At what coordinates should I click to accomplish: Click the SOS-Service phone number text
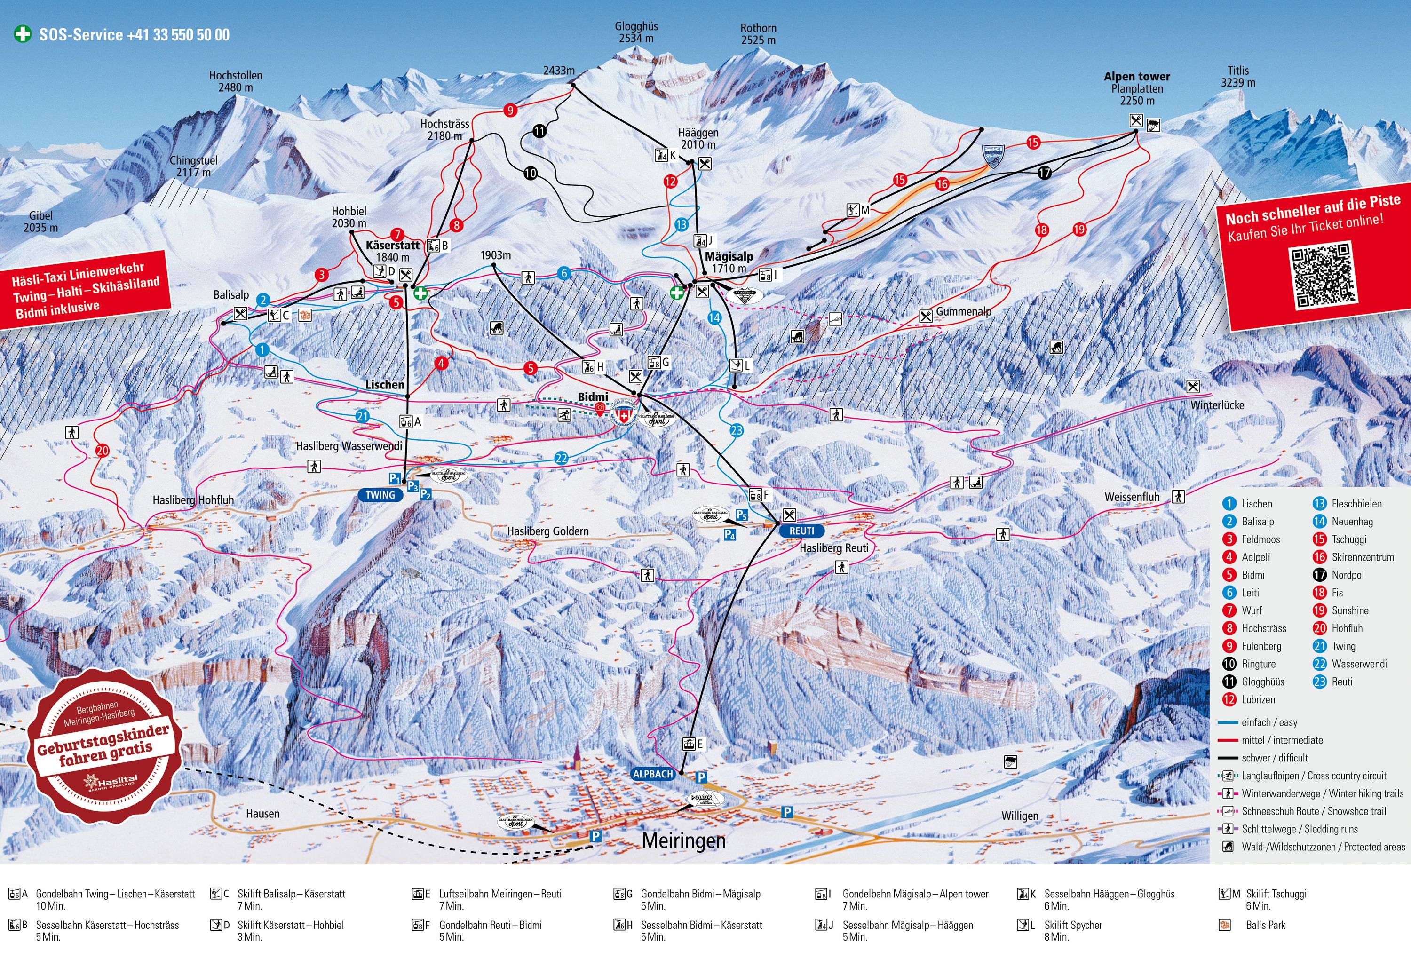134,35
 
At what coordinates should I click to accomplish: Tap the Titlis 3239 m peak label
1238,77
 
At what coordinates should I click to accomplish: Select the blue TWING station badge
380,495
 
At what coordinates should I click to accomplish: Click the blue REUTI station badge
801,531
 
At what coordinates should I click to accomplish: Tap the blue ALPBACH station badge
653,774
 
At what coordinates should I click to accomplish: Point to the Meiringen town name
684,841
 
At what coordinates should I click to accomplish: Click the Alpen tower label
1137,77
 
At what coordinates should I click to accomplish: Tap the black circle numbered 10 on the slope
530,173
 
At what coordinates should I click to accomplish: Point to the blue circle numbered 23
737,430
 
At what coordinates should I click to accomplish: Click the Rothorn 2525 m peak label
758,34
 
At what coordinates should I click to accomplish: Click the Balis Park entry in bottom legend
1265,925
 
